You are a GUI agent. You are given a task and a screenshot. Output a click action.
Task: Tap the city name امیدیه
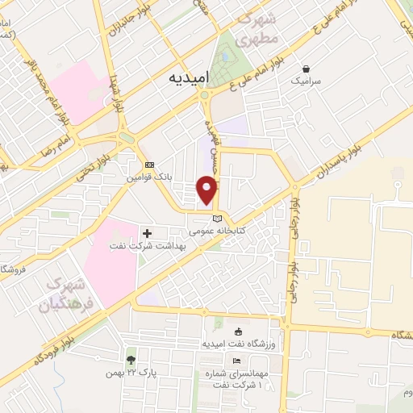(x=189, y=77)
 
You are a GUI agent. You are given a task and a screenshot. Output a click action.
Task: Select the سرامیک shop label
(x=307, y=81)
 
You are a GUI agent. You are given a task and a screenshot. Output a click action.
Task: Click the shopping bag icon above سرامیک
(x=306, y=69)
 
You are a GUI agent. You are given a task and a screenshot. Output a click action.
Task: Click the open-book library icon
(x=216, y=218)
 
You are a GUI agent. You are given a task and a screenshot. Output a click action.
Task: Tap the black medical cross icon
(x=146, y=233)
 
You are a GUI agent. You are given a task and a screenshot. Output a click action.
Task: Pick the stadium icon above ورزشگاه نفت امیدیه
(x=237, y=332)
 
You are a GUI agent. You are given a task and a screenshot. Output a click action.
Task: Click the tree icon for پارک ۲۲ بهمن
(x=131, y=361)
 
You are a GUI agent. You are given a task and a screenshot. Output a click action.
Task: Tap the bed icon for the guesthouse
(x=236, y=361)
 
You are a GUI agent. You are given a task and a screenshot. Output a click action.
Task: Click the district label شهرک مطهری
(x=262, y=29)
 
